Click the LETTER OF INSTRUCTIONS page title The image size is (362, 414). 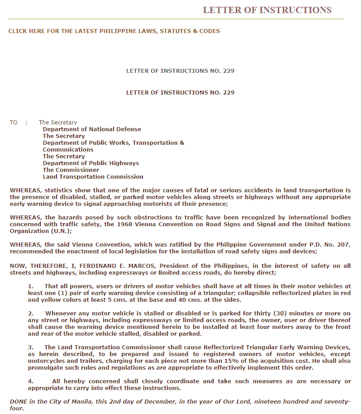coord(267,10)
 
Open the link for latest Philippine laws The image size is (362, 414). coord(114,31)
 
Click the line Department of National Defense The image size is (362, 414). coord(92,129)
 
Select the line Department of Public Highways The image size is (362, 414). coord(91,163)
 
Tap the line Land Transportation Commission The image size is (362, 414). coord(93,176)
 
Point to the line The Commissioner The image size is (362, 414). coord(71,170)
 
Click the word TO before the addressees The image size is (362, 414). coord(14,122)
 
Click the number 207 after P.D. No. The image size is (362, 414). coord(343,244)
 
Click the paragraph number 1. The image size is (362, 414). coord(30,286)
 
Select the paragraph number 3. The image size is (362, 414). coord(30,347)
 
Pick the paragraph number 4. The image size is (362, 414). coord(30,381)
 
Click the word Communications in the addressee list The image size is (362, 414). coord(68,149)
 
